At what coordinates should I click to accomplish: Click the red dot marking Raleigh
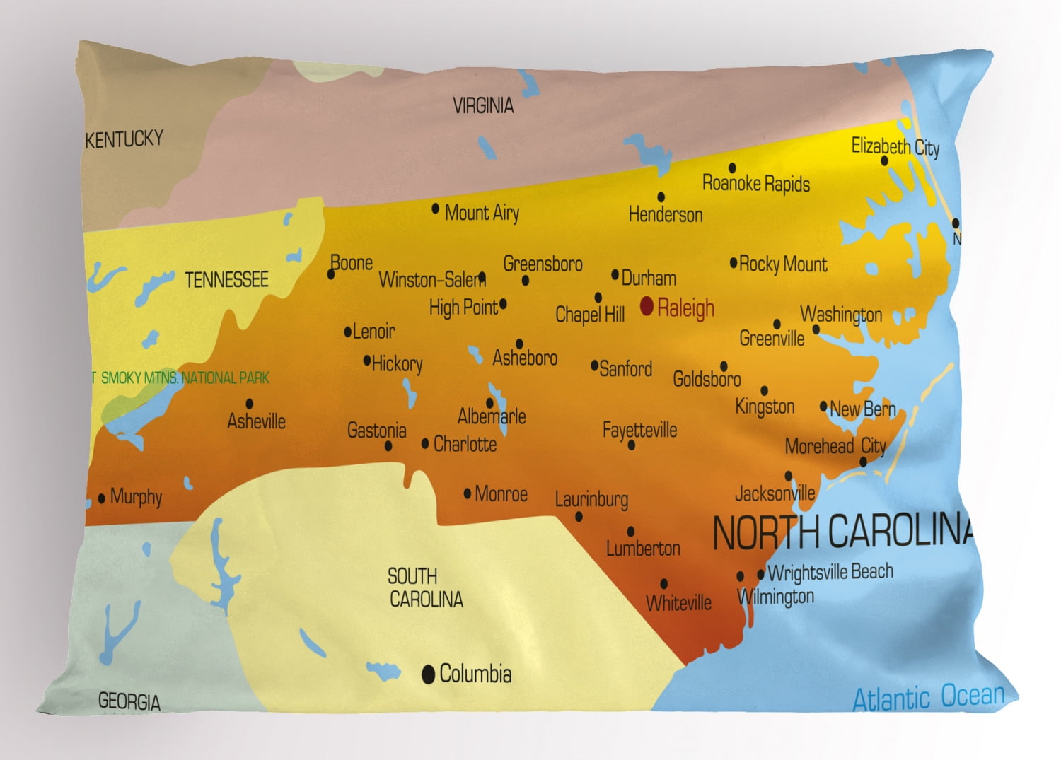[647, 306]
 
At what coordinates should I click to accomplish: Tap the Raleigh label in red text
[685, 308]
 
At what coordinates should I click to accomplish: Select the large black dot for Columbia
[428, 674]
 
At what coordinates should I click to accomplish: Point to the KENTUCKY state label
[124, 139]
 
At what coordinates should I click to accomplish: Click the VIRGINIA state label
[483, 106]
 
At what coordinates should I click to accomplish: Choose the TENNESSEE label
[226, 280]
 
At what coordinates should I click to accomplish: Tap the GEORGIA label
[129, 701]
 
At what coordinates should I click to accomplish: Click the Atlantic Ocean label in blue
[928, 697]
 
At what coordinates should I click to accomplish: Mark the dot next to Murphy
[102, 498]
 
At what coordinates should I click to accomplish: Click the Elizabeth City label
[895, 146]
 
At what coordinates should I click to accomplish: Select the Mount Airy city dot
[436, 209]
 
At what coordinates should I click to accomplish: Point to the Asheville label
[256, 422]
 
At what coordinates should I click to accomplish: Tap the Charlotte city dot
[425, 444]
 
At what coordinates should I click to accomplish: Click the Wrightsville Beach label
[830, 571]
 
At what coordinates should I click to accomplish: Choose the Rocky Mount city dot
[734, 263]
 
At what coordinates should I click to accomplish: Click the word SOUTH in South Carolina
[412, 576]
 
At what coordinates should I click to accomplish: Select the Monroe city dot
[468, 493]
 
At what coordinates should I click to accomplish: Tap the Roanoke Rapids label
[755, 184]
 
